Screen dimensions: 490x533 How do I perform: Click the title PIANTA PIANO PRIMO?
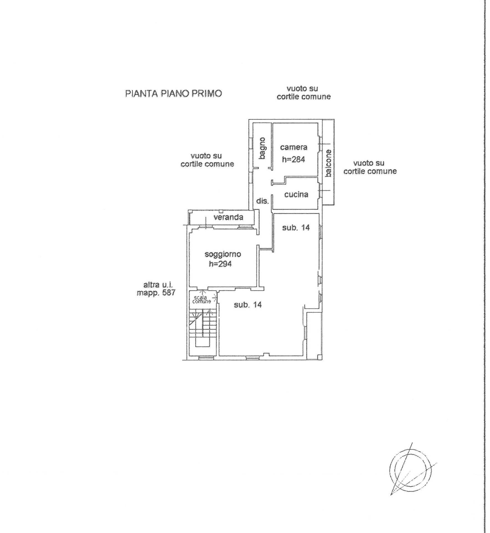(x=174, y=93)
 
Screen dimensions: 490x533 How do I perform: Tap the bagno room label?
(x=262, y=148)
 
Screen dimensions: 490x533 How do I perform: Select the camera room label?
(x=294, y=147)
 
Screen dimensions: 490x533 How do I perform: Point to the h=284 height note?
(x=294, y=159)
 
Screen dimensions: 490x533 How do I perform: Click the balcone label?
(x=329, y=163)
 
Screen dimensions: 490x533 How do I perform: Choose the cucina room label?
(x=296, y=194)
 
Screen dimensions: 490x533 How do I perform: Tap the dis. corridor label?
(x=262, y=201)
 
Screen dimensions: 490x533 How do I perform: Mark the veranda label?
(x=228, y=217)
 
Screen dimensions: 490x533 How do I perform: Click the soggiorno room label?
(x=223, y=254)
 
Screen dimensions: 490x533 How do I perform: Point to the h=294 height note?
(x=220, y=264)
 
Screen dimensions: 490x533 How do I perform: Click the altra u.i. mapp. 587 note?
(x=156, y=288)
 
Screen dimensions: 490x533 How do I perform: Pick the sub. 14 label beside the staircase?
(x=248, y=305)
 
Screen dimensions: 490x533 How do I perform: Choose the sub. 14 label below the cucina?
(x=296, y=228)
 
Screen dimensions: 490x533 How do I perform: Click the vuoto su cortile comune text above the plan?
(x=304, y=92)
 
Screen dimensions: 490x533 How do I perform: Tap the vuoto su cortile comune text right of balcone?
(x=370, y=167)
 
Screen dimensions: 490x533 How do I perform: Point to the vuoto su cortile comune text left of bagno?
(x=207, y=160)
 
